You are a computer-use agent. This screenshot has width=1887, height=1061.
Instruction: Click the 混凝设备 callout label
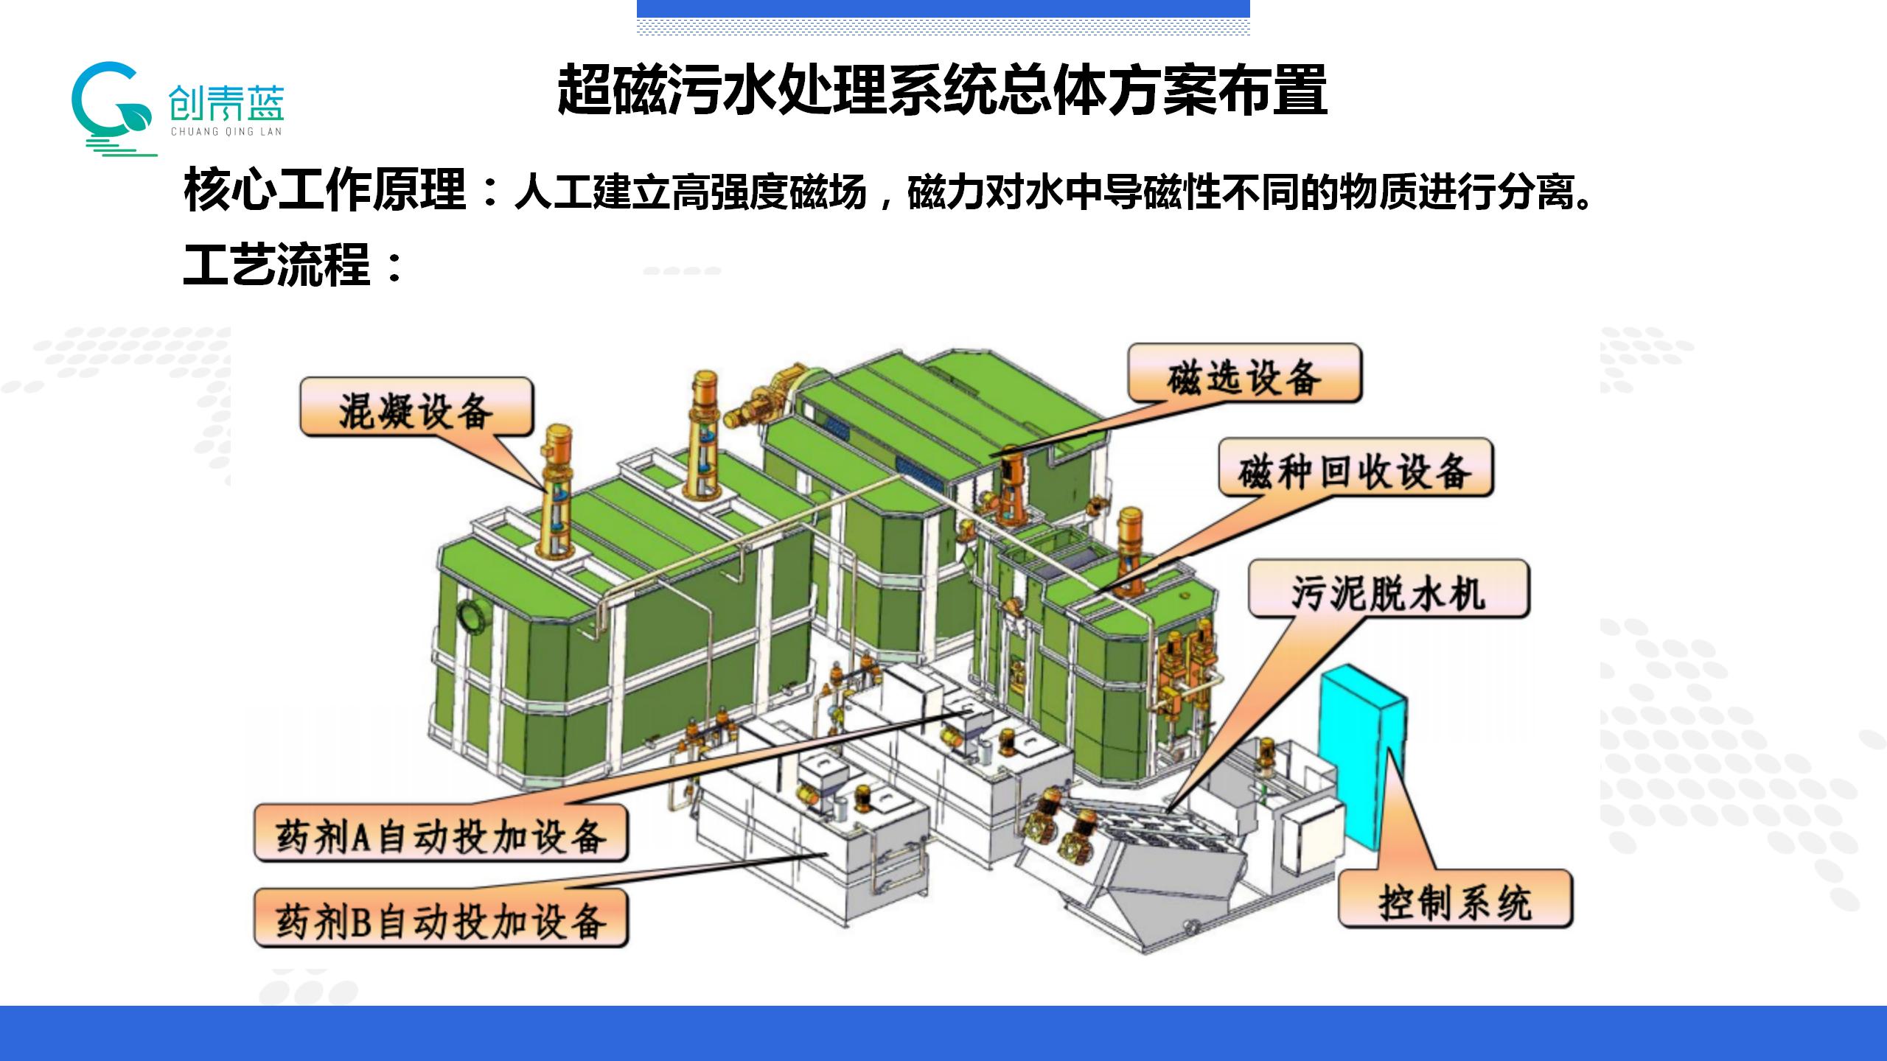pos(416,407)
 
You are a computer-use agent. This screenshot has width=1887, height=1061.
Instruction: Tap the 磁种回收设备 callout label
pos(1355,469)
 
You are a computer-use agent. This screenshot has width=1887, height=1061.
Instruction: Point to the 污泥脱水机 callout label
pos(1389,590)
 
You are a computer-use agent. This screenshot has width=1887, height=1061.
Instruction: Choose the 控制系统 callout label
pos(1455,900)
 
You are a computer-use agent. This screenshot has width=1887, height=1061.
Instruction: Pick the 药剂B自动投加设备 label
pos(441,919)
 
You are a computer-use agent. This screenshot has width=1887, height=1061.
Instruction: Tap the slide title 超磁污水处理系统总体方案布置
pos(942,91)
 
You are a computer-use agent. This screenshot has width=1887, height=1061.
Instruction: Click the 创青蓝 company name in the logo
pos(226,104)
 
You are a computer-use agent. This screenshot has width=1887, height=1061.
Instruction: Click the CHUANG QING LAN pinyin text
pos(226,133)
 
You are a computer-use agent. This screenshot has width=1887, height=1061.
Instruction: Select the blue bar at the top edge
pos(943,8)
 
